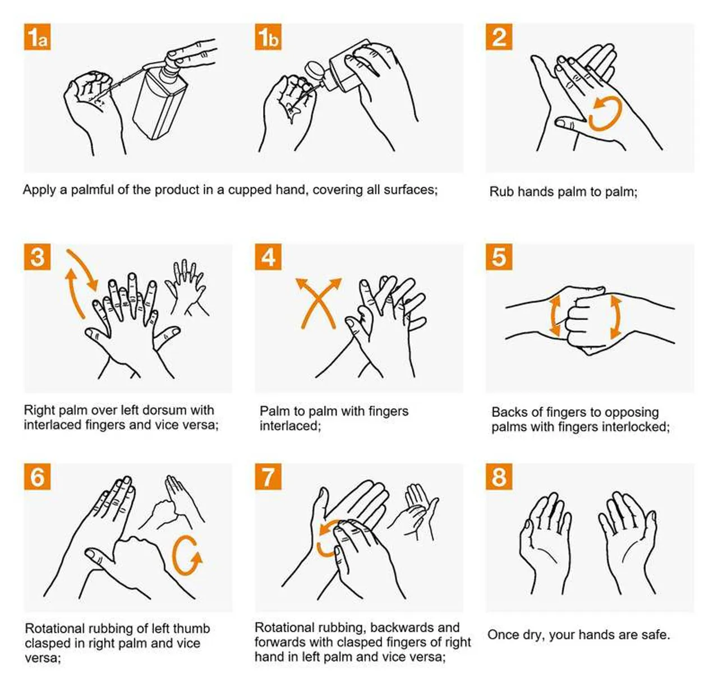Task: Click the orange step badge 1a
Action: (38, 37)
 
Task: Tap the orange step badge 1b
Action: (268, 37)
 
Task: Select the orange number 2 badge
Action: (499, 37)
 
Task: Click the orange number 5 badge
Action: (499, 257)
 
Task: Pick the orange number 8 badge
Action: (499, 477)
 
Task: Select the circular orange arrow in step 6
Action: (187, 556)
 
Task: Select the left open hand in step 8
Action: (544, 541)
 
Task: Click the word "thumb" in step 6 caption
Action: (191, 628)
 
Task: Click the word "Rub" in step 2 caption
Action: (501, 192)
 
